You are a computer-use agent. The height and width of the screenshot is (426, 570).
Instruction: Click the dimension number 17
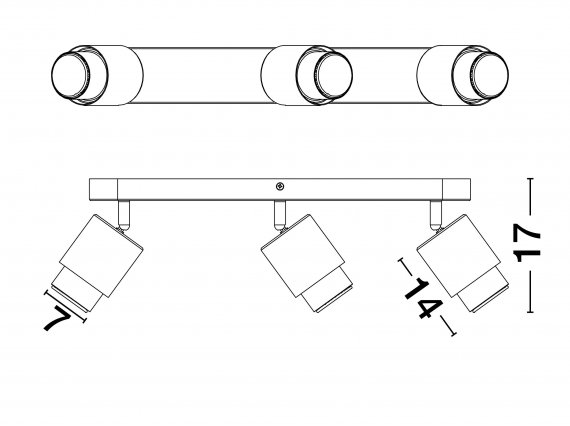pyautogui.click(x=526, y=243)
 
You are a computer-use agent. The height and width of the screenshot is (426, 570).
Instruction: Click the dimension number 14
pyautogui.click(x=424, y=299)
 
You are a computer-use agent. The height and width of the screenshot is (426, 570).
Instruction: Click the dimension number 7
pyautogui.click(x=57, y=318)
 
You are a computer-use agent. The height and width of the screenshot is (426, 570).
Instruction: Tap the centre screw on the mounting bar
pyautogui.click(x=280, y=186)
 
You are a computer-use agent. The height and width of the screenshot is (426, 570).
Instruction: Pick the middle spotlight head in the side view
pyautogui.click(x=306, y=263)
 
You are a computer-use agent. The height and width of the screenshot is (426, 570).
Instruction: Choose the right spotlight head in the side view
pyautogui.click(x=463, y=263)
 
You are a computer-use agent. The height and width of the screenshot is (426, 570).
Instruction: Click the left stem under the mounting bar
pyautogui.click(x=124, y=215)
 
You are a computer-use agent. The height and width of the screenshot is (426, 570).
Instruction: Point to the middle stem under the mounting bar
pyautogui.click(x=280, y=215)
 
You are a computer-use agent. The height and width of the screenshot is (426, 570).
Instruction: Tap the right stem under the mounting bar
pyautogui.click(x=436, y=215)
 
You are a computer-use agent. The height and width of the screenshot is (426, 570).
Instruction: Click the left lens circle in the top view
pyautogui.click(x=71, y=75)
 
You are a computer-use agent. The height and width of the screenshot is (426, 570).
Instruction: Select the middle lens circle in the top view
pyautogui.click(x=333, y=75)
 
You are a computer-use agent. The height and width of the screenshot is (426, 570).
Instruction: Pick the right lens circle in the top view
pyautogui.click(x=489, y=75)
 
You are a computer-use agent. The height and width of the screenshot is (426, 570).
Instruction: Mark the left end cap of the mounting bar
pyautogui.click(x=103, y=189)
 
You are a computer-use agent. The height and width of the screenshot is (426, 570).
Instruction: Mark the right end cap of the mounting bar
pyautogui.click(x=456, y=189)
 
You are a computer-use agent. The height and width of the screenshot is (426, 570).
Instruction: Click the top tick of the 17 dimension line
pyautogui.click(x=530, y=178)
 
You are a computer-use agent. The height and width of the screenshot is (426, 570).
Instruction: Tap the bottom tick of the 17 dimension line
pyautogui.click(x=530, y=312)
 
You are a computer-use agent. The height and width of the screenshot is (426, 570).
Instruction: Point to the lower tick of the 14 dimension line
pyautogui.click(x=453, y=333)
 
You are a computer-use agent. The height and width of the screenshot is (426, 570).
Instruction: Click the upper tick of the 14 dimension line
pyautogui.click(x=401, y=261)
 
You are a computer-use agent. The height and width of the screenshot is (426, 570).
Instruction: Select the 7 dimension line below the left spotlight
pyautogui.click(x=65, y=306)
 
